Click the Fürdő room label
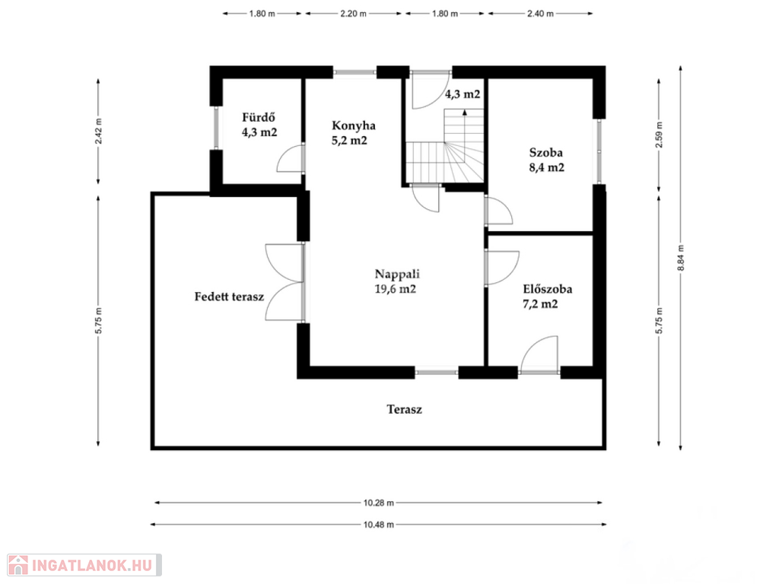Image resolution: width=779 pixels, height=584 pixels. [x=259, y=125]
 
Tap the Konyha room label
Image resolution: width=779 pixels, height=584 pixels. [x=353, y=132]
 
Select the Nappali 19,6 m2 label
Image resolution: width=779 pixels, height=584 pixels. [x=396, y=281]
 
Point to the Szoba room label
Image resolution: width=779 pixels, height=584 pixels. [x=546, y=160]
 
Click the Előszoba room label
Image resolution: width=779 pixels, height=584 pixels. [x=547, y=296]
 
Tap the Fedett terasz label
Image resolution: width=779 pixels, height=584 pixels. [x=229, y=297]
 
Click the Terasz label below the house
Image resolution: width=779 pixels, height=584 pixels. [x=405, y=410]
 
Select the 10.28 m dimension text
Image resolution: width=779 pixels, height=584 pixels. [x=379, y=503]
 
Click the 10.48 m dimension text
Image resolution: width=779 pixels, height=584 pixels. [x=379, y=525]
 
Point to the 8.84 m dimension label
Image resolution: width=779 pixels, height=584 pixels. [x=681, y=258]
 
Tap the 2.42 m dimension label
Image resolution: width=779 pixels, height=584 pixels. [x=98, y=131]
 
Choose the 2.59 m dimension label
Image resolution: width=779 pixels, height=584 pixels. [x=660, y=135]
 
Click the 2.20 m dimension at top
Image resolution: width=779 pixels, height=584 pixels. [x=353, y=14]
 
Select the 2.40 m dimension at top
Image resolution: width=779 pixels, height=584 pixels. [x=540, y=14]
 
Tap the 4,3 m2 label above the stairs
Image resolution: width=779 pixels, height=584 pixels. [x=463, y=94]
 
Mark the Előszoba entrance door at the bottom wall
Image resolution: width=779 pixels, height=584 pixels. [x=539, y=354]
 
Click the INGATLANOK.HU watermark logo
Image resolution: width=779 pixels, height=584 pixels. [x=84, y=565]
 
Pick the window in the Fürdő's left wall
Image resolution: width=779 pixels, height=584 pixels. [x=216, y=128]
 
